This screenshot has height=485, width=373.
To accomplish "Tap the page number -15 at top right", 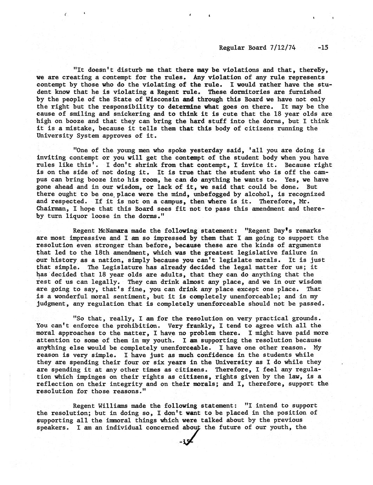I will click(322, 47).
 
